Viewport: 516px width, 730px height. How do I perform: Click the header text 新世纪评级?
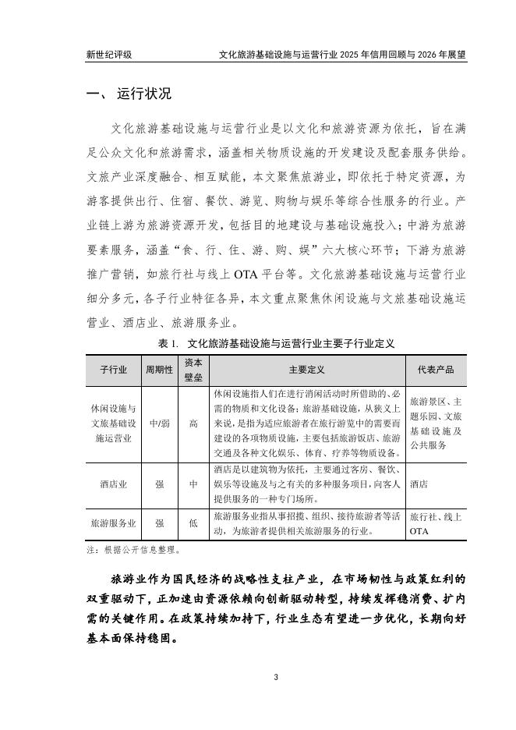click(109, 55)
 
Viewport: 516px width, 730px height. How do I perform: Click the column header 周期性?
click(159, 369)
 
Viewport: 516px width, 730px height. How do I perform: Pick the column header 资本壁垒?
click(193, 369)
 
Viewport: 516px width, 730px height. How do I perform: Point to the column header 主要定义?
click(306, 369)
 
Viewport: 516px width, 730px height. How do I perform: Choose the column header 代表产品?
click(436, 369)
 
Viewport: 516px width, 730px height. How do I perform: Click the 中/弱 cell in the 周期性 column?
click(159, 423)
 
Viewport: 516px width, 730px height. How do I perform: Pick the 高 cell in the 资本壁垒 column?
click(193, 423)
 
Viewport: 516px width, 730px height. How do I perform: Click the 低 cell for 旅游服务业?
click(193, 524)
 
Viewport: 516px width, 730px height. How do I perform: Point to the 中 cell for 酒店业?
click(193, 484)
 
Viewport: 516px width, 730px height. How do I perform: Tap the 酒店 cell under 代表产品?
click(419, 484)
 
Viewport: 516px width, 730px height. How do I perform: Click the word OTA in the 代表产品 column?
click(419, 532)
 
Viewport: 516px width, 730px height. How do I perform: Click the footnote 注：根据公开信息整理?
click(133, 550)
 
